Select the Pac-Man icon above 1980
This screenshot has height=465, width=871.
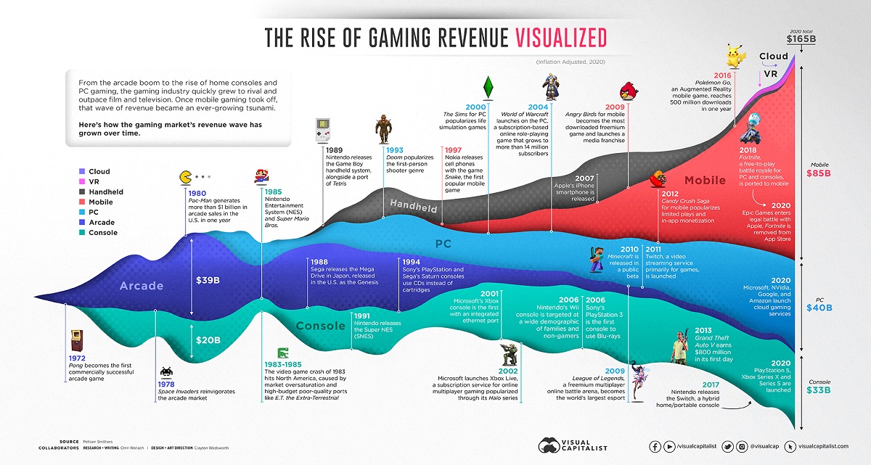coord(185,177)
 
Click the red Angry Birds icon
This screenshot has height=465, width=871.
coord(627,92)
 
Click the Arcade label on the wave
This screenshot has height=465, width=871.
coord(142,285)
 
